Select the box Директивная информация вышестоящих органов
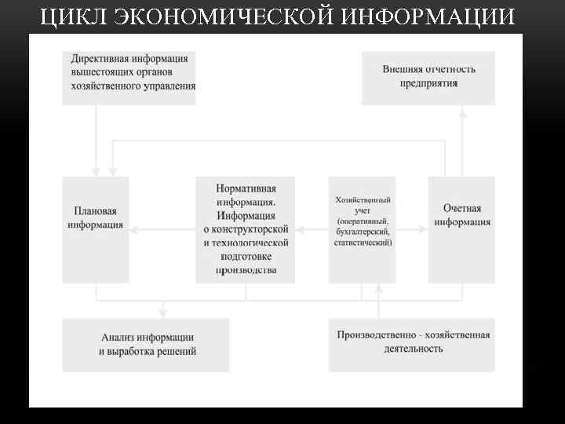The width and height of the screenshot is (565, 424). coord(129,78)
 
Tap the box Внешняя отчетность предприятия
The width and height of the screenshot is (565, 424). coord(428,78)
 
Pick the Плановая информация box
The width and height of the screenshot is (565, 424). coord(95,229)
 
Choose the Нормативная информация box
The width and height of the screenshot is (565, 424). coord(246,229)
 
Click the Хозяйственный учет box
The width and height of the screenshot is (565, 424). coord(362,229)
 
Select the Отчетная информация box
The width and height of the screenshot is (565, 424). coord(461,229)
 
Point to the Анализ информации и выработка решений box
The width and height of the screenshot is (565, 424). coord(146,345)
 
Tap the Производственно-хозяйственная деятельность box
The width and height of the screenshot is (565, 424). coord(412,345)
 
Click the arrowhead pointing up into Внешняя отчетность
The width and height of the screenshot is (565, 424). coord(462,111)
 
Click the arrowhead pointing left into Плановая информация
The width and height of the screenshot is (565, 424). coord(134,230)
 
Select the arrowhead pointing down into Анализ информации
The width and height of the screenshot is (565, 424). coord(162,313)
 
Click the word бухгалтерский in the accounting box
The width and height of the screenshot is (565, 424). coord(363,232)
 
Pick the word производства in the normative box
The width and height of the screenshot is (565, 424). coord(246,270)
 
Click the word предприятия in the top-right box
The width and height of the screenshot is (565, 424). coord(428,83)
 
